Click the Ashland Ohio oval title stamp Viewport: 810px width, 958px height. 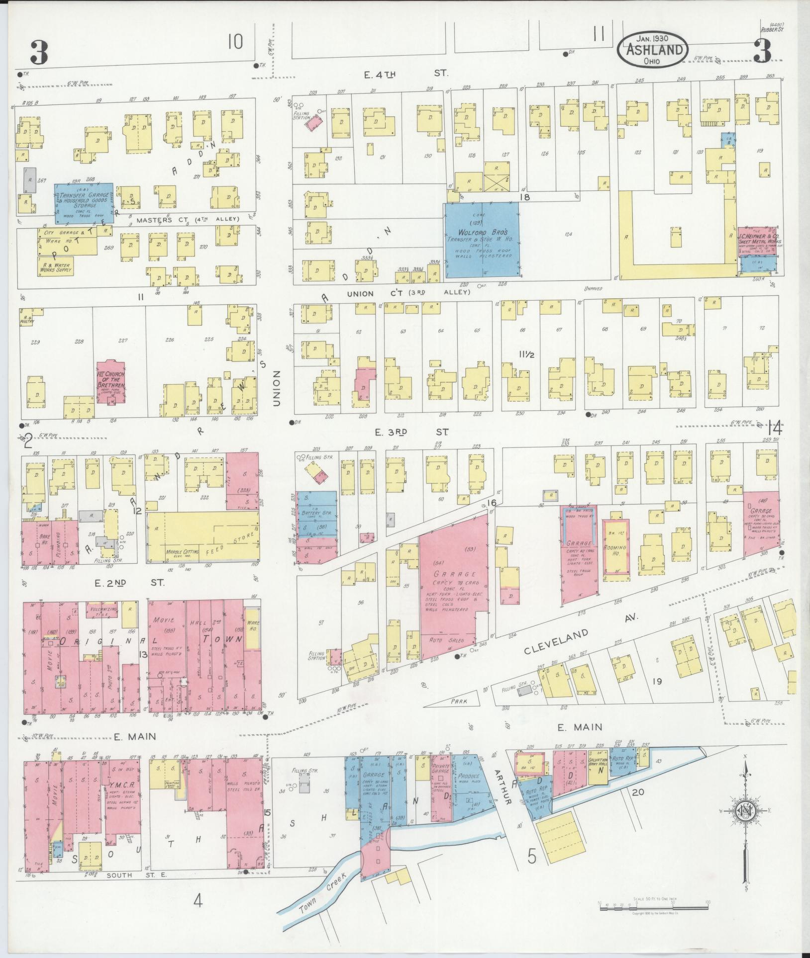[x=653, y=50]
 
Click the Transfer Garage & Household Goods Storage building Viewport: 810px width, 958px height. [x=83, y=203]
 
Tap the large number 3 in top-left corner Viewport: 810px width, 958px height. [x=38, y=53]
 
